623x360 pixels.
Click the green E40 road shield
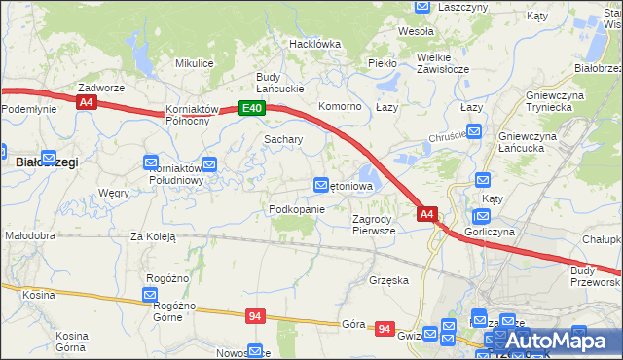point(252,108)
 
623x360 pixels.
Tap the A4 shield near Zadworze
point(87,102)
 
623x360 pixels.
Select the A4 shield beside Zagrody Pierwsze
point(426,213)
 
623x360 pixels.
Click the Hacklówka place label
point(314,44)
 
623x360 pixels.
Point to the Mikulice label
point(194,63)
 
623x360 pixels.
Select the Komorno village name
point(341,106)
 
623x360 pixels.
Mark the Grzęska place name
point(388,280)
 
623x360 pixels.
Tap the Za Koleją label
point(153,236)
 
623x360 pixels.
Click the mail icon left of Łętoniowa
point(321,185)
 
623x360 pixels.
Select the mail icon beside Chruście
point(473,131)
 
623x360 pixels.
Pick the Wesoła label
point(416,31)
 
